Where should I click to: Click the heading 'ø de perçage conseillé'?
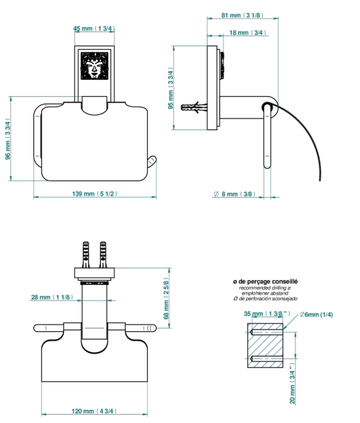click(x=265, y=281)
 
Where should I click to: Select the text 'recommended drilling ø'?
click(x=265, y=288)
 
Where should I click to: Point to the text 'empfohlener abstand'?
click(x=265, y=293)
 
